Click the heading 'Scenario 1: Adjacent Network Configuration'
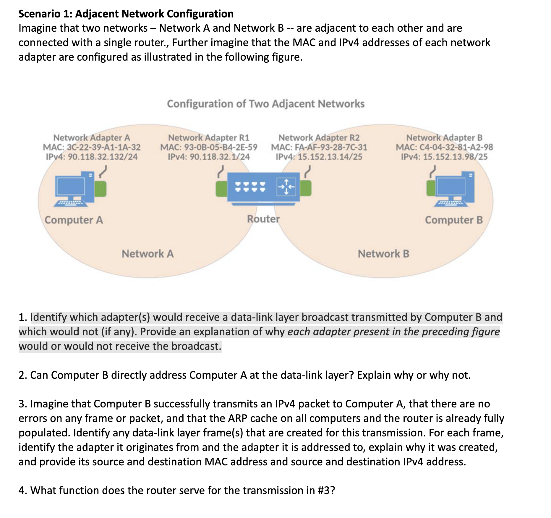click(126, 14)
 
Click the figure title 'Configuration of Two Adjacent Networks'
click(265, 104)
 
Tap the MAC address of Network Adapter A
click(92, 147)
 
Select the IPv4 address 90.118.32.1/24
click(209, 157)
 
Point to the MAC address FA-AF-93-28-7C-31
click(319, 147)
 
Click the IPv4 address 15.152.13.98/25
click(444, 157)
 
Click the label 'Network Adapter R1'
click(209, 138)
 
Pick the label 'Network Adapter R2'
click(319, 138)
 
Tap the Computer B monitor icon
click(451, 187)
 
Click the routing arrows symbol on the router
click(286, 187)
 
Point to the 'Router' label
click(263, 219)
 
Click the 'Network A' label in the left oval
click(148, 254)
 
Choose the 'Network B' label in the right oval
click(383, 254)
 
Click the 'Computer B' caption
click(454, 220)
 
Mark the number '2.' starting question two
click(23, 375)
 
